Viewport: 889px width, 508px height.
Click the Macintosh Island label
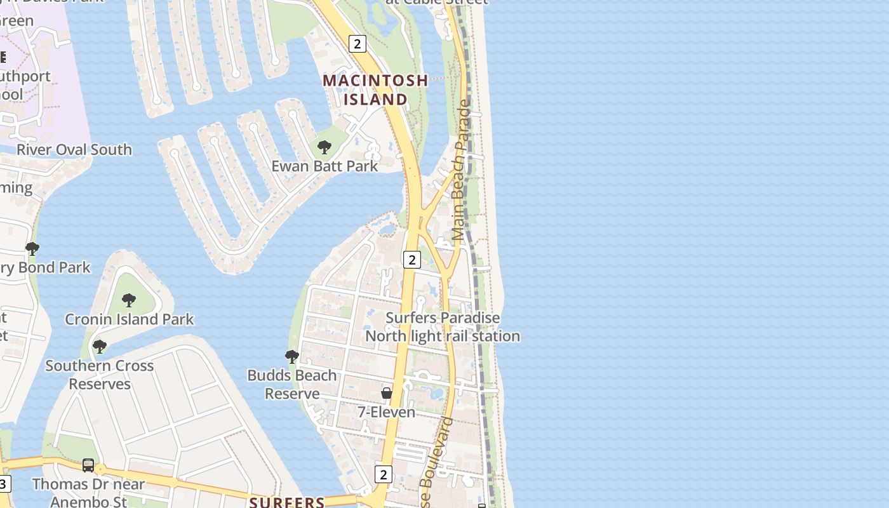pyautogui.click(x=375, y=90)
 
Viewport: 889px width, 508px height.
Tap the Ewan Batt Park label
pyautogui.click(x=324, y=166)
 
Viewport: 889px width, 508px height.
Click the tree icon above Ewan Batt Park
pyautogui.click(x=324, y=148)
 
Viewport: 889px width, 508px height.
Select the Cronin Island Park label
pyautogui.click(x=130, y=319)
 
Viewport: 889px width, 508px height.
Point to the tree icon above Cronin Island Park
pyautogui.click(x=129, y=300)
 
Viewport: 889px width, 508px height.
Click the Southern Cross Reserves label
pyautogui.click(x=100, y=375)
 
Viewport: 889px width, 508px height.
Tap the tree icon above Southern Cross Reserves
pyautogui.click(x=99, y=347)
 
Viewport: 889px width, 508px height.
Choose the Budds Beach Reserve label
pyautogui.click(x=292, y=384)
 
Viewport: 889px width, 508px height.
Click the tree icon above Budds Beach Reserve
pyautogui.click(x=292, y=357)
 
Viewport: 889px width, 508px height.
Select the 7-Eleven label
pyautogui.click(x=386, y=412)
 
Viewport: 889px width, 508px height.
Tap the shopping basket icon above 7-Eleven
pyautogui.click(x=387, y=394)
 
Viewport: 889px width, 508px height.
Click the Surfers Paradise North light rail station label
pyautogui.click(x=443, y=327)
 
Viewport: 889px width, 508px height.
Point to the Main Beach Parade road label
pyautogui.click(x=462, y=170)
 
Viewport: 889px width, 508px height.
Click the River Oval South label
pyautogui.click(x=74, y=150)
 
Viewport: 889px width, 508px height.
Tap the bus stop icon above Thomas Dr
pyautogui.click(x=88, y=465)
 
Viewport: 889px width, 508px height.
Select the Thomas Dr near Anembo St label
pyautogui.click(x=88, y=493)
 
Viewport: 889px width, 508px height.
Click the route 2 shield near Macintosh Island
pyautogui.click(x=358, y=44)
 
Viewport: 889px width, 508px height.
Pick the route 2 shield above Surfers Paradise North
pyautogui.click(x=412, y=259)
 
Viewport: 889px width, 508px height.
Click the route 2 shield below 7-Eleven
pyautogui.click(x=383, y=474)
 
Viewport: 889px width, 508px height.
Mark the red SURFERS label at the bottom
pyautogui.click(x=287, y=502)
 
